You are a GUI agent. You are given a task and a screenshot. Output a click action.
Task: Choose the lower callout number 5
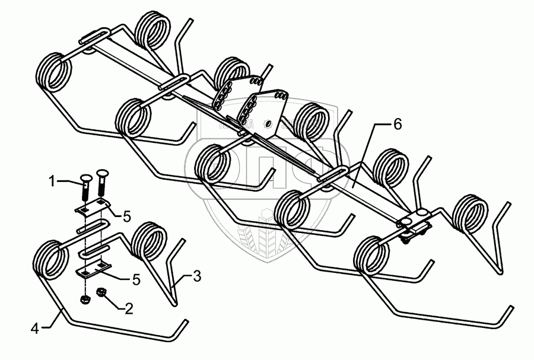click(x=136, y=279)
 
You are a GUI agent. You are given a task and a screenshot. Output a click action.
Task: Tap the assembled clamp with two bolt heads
click(x=414, y=225)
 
